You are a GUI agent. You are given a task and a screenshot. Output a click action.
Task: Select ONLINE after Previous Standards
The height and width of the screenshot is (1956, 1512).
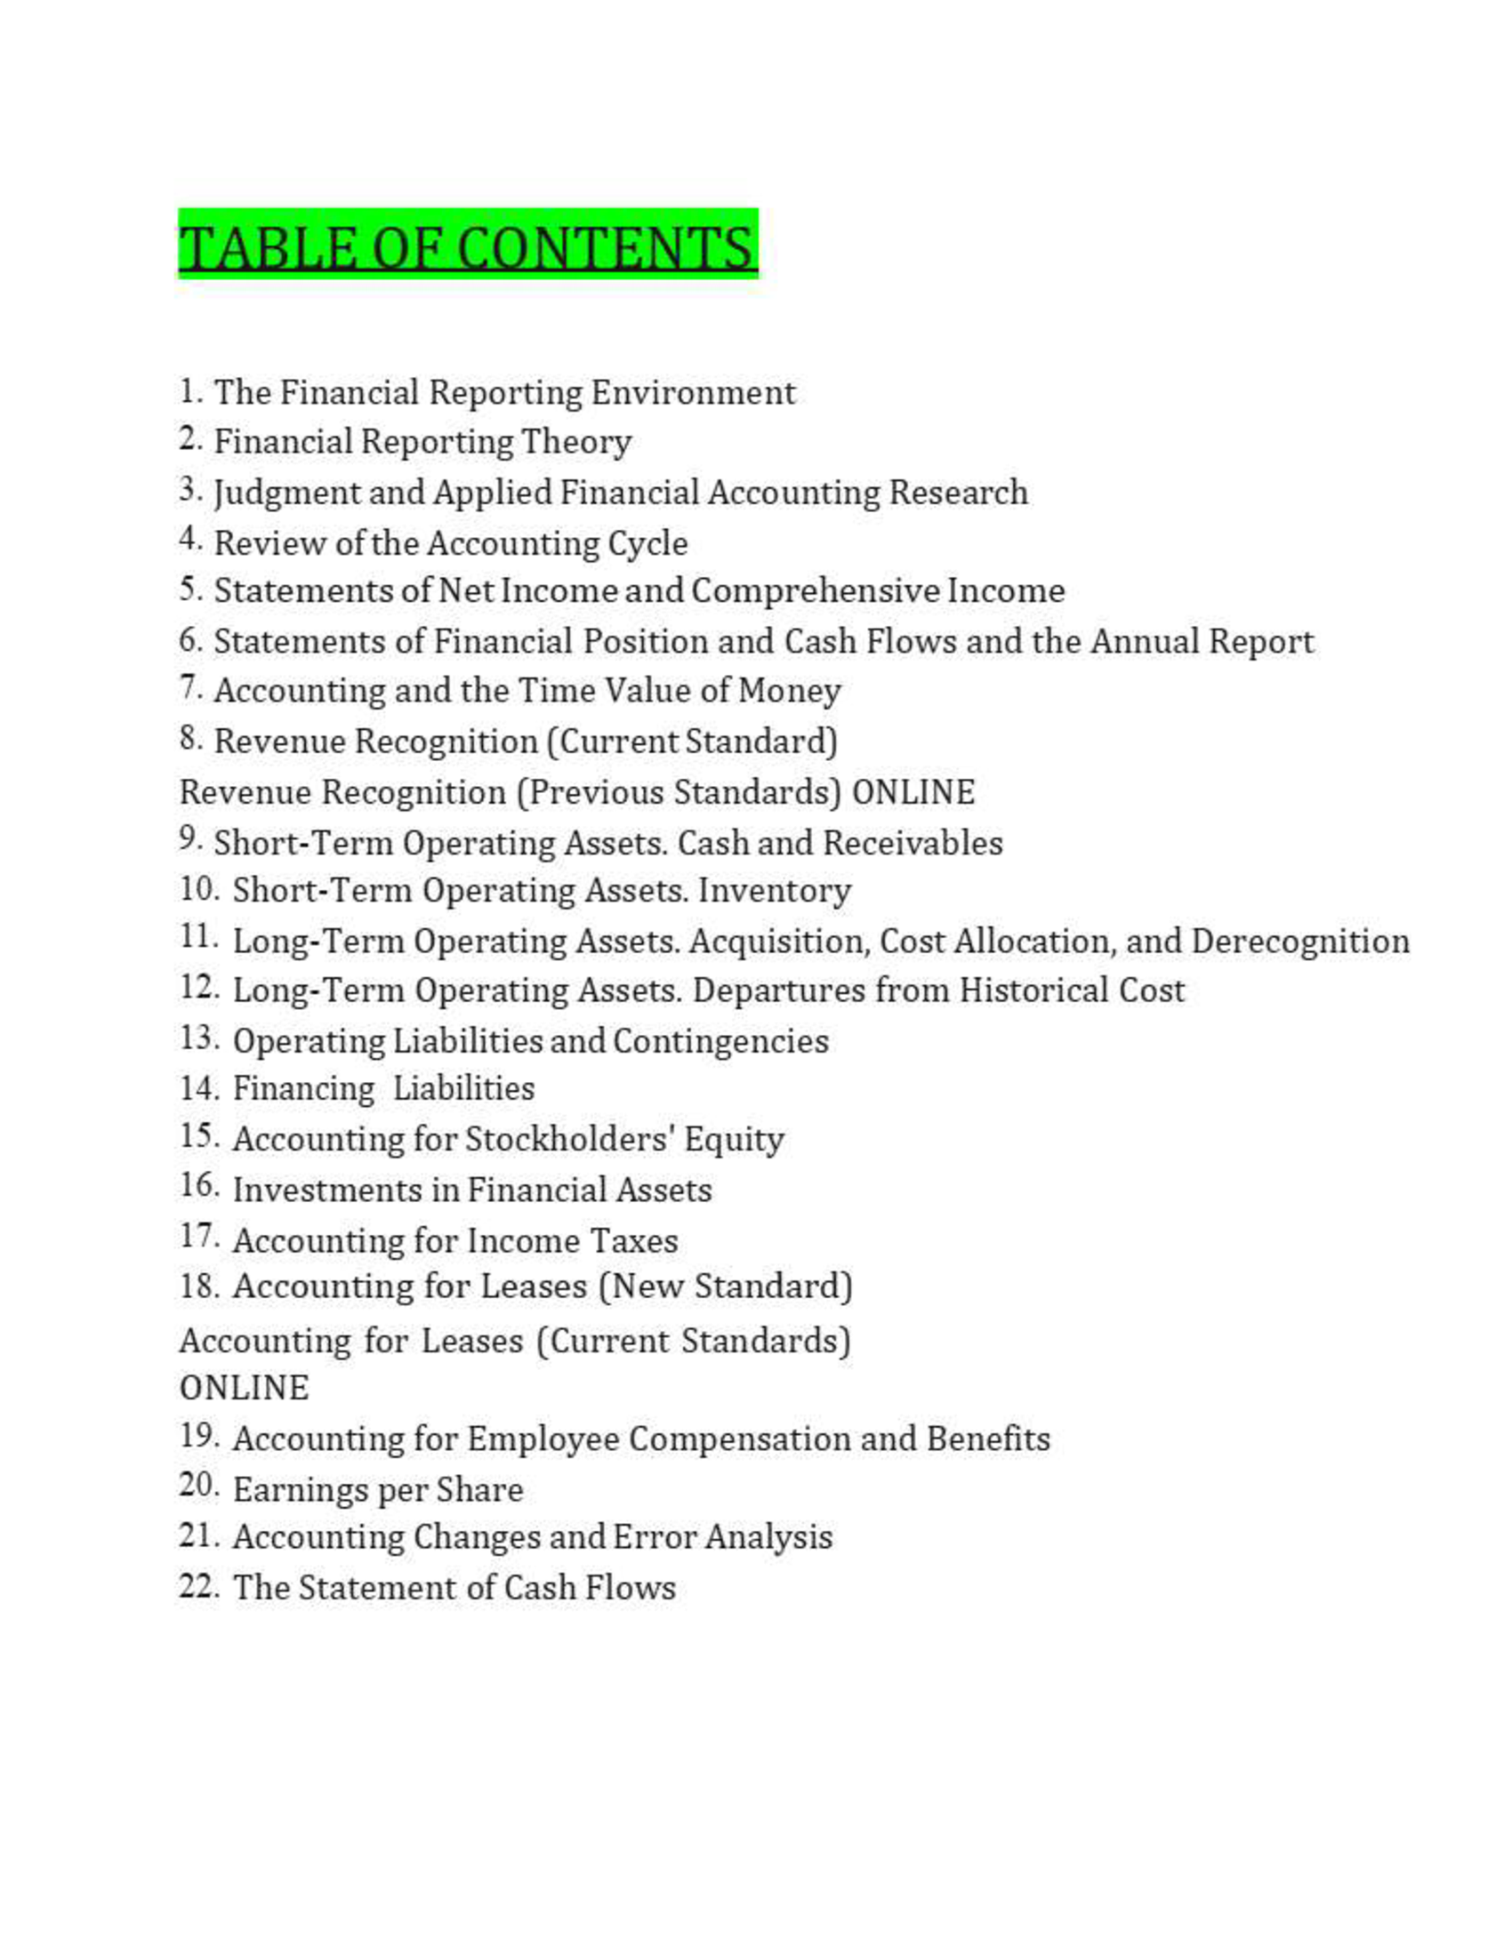tap(913, 792)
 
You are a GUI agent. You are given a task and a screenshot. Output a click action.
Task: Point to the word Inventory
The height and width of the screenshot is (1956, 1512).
tap(774, 891)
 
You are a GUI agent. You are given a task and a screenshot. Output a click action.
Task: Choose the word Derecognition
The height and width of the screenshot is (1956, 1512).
tap(1299, 942)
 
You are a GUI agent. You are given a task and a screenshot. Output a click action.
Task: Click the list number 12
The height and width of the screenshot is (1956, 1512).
tap(199, 988)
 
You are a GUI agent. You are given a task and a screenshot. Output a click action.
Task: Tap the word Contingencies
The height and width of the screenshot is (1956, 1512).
tap(720, 1042)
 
